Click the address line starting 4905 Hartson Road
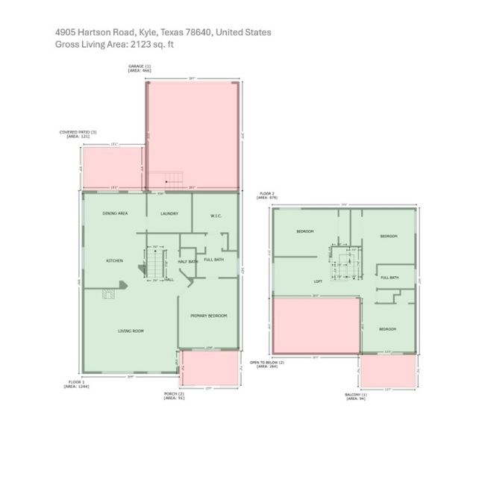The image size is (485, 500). tap(163, 33)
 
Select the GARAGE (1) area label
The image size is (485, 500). tap(140, 69)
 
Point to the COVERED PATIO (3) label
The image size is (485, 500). tap(78, 134)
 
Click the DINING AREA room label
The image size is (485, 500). tap(116, 214)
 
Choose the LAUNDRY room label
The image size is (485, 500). tap(169, 214)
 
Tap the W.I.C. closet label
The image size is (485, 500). tap(216, 216)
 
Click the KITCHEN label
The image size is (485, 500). tap(114, 260)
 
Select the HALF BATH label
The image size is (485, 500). tap(187, 261)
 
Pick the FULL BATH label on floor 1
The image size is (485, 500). tap(214, 259)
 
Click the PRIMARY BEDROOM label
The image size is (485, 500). tap(208, 316)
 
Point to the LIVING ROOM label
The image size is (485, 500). tap(131, 331)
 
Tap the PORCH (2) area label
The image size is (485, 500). tap(174, 396)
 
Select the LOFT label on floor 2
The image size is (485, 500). tap(317, 282)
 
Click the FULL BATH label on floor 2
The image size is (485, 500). tap(389, 278)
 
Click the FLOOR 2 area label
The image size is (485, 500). tap(267, 196)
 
